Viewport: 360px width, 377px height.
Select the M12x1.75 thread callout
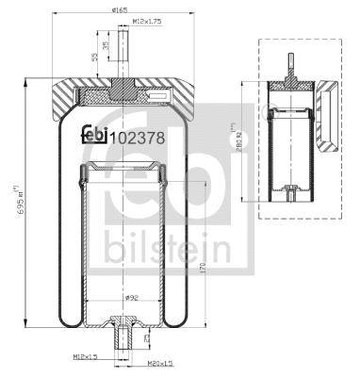click(146, 20)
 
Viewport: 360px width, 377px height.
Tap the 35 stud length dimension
click(106, 45)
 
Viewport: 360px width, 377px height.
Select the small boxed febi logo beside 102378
click(94, 133)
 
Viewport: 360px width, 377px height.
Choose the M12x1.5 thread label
click(86, 356)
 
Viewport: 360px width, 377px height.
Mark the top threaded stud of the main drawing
click(121, 60)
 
